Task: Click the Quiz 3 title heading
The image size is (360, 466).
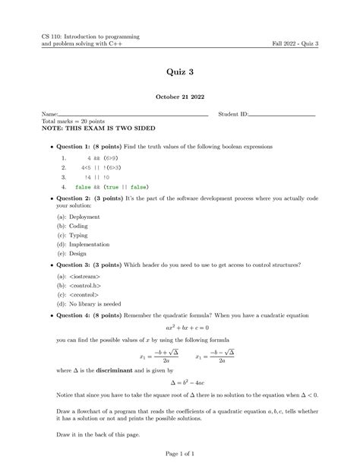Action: click(x=179, y=72)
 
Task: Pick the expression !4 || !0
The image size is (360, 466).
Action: click(x=89, y=175)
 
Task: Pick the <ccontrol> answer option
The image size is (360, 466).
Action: click(x=77, y=295)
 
